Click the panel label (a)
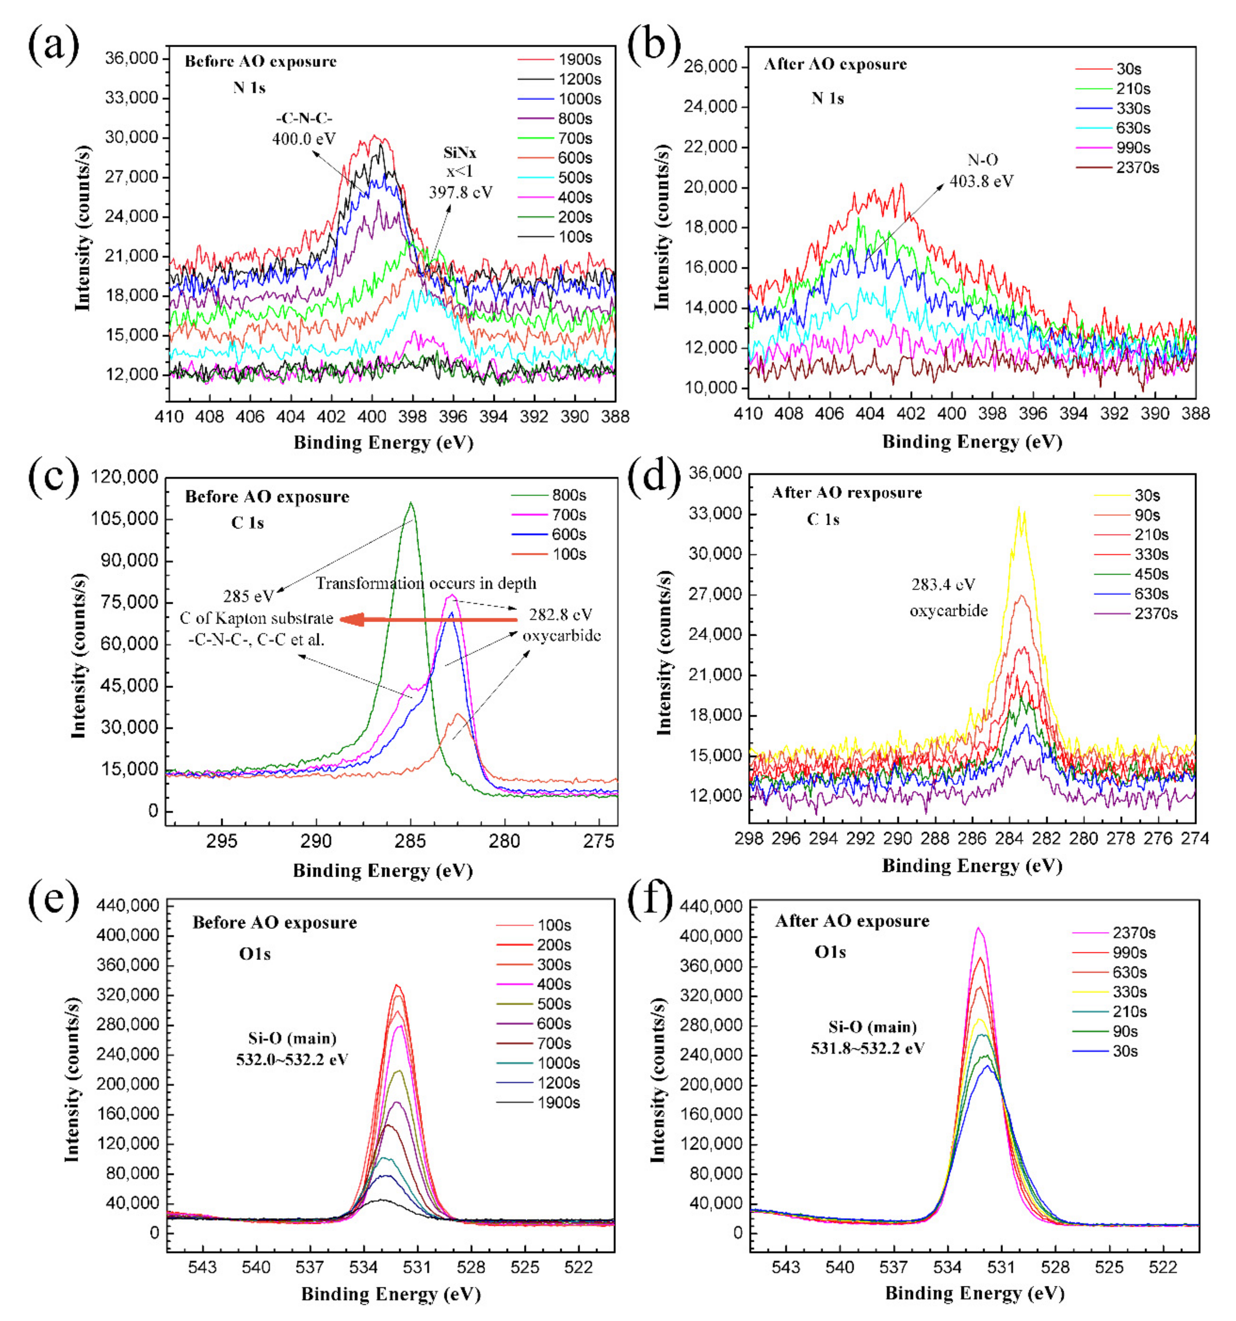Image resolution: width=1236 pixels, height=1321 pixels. click(53, 45)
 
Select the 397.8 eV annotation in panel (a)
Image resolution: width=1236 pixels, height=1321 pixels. click(460, 192)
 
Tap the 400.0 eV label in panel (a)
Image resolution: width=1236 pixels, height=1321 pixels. click(304, 138)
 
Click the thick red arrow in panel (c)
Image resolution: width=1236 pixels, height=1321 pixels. click(429, 620)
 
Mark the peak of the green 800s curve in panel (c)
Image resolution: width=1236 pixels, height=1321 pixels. click(411, 503)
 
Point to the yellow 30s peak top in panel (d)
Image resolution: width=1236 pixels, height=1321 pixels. click(1019, 508)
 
